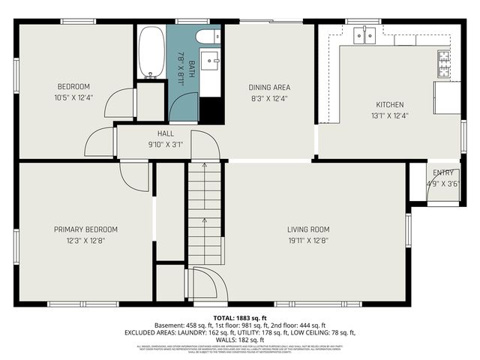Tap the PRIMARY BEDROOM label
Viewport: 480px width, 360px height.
(85, 229)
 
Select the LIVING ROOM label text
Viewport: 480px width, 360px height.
(308, 229)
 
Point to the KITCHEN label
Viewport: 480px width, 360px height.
(390, 104)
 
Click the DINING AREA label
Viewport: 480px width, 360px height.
(269, 87)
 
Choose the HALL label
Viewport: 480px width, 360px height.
(166, 133)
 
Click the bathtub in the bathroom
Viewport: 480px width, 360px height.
(151, 52)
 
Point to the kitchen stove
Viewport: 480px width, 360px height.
(444, 63)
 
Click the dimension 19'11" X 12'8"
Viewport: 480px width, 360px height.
(308, 241)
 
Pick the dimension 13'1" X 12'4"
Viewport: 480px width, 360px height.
(390, 115)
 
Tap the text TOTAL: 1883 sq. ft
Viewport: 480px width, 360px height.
(240, 317)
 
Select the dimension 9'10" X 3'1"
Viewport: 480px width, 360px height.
(166, 144)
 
